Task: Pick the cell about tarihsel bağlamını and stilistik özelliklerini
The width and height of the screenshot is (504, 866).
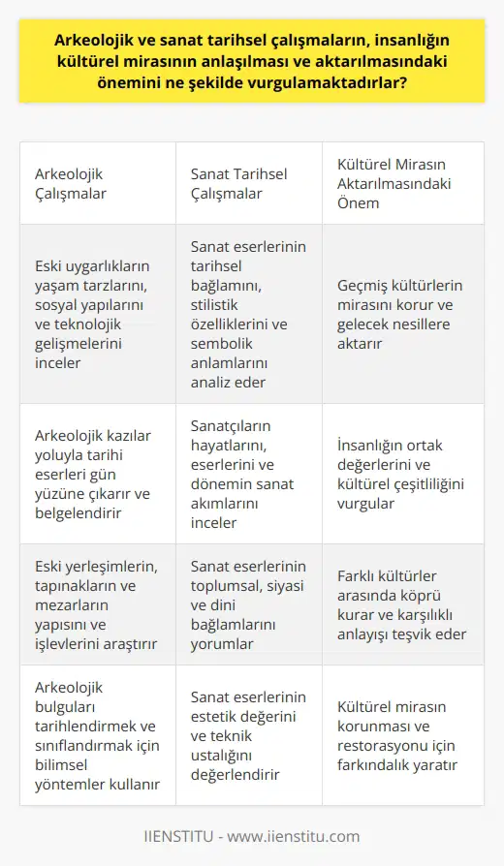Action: point(247,314)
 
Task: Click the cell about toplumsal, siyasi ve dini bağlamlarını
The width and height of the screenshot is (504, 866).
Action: point(247,604)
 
